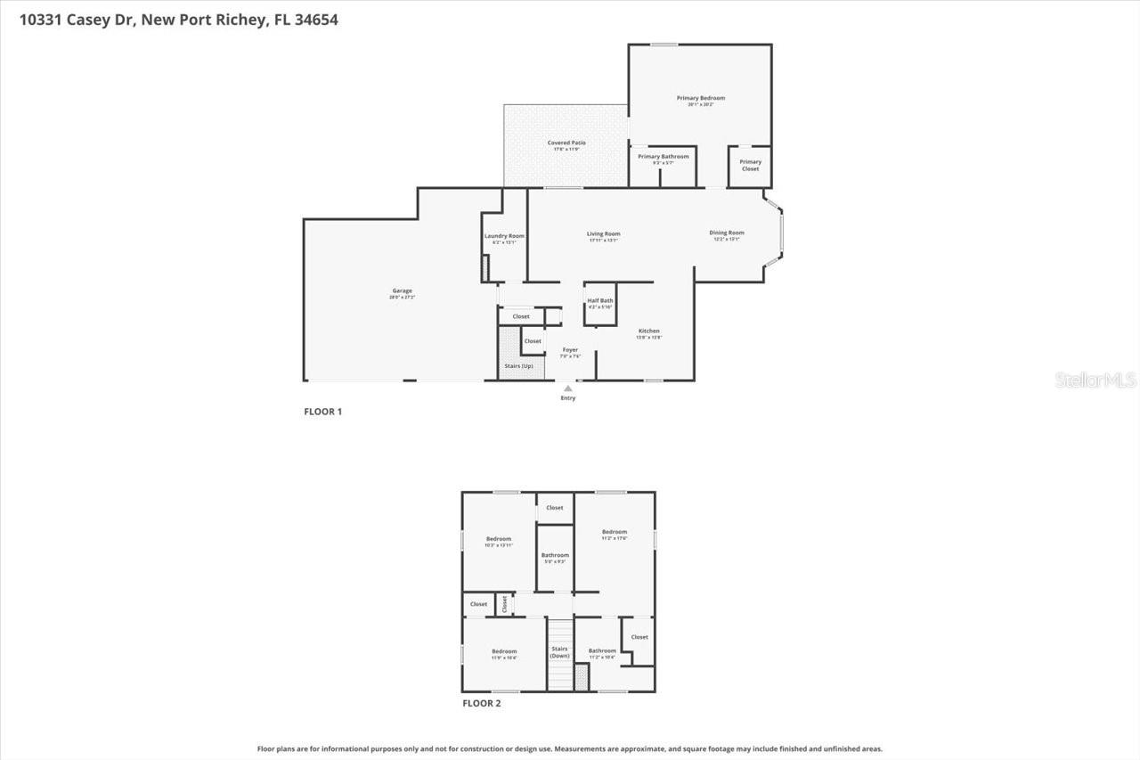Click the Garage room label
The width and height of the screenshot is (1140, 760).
click(x=403, y=291)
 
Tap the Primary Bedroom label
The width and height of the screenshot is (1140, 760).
click(x=701, y=98)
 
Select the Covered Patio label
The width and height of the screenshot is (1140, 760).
click(x=566, y=143)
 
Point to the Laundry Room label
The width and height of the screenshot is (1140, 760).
click(x=504, y=236)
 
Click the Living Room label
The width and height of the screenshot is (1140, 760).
click(x=603, y=233)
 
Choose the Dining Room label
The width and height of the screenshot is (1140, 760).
click(x=727, y=233)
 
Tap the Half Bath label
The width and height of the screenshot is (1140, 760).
click(x=600, y=301)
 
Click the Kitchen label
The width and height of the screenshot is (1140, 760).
click(x=648, y=331)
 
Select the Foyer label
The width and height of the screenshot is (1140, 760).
click(x=570, y=350)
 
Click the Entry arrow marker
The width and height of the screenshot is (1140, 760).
click(x=568, y=388)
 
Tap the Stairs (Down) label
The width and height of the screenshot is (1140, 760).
click(x=559, y=652)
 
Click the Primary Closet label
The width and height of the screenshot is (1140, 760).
click(x=751, y=165)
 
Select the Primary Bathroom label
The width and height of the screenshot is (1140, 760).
click(x=664, y=157)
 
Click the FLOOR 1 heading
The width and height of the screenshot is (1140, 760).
click(x=323, y=412)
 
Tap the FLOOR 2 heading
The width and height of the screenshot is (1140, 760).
click(x=482, y=703)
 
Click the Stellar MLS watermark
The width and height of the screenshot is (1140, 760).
click(x=1096, y=380)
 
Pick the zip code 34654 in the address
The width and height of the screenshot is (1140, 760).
click(x=316, y=19)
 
